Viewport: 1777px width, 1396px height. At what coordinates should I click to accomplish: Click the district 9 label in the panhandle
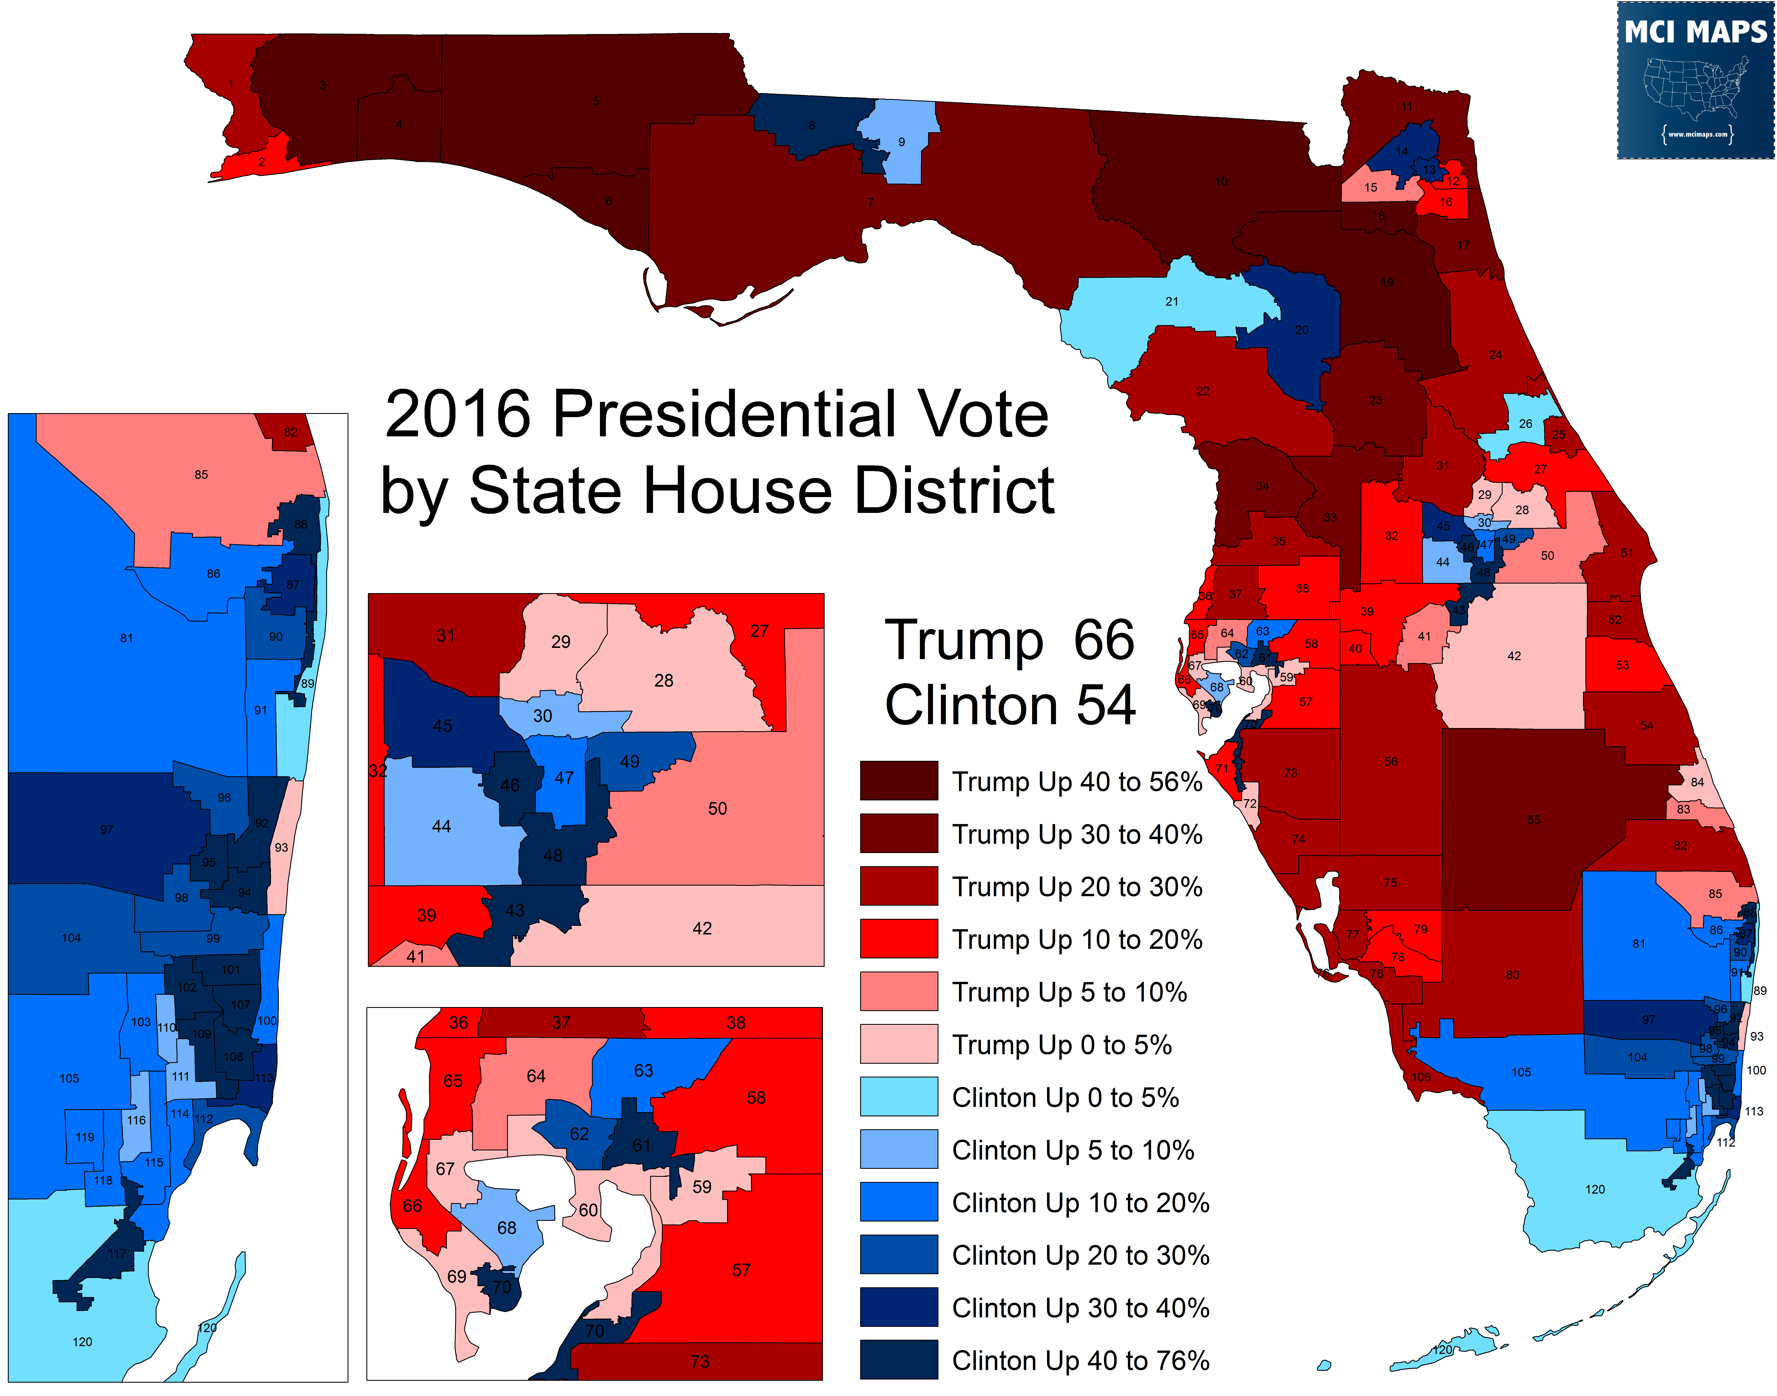(x=902, y=142)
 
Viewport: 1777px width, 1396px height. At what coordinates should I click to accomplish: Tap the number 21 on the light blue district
(x=1171, y=302)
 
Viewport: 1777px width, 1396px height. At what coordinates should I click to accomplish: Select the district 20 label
(x=1301, y=330)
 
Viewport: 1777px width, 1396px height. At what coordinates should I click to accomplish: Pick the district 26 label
(x=1525, y=424)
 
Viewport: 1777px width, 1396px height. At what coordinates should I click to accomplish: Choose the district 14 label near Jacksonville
(x=1402, y=151)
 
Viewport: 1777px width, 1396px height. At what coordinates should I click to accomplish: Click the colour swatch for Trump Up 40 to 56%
(x=898, y=780)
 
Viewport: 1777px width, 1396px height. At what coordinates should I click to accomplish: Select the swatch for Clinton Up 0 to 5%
(x=898, y=1096)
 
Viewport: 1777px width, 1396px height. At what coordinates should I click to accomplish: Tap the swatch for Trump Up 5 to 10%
(x=898, y=991)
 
